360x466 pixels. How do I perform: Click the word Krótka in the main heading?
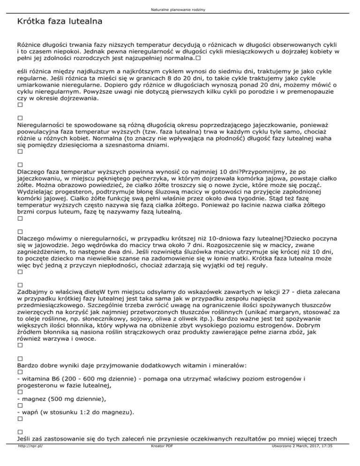click(30, 22)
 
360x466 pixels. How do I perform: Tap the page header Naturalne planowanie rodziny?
click(180, 9)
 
